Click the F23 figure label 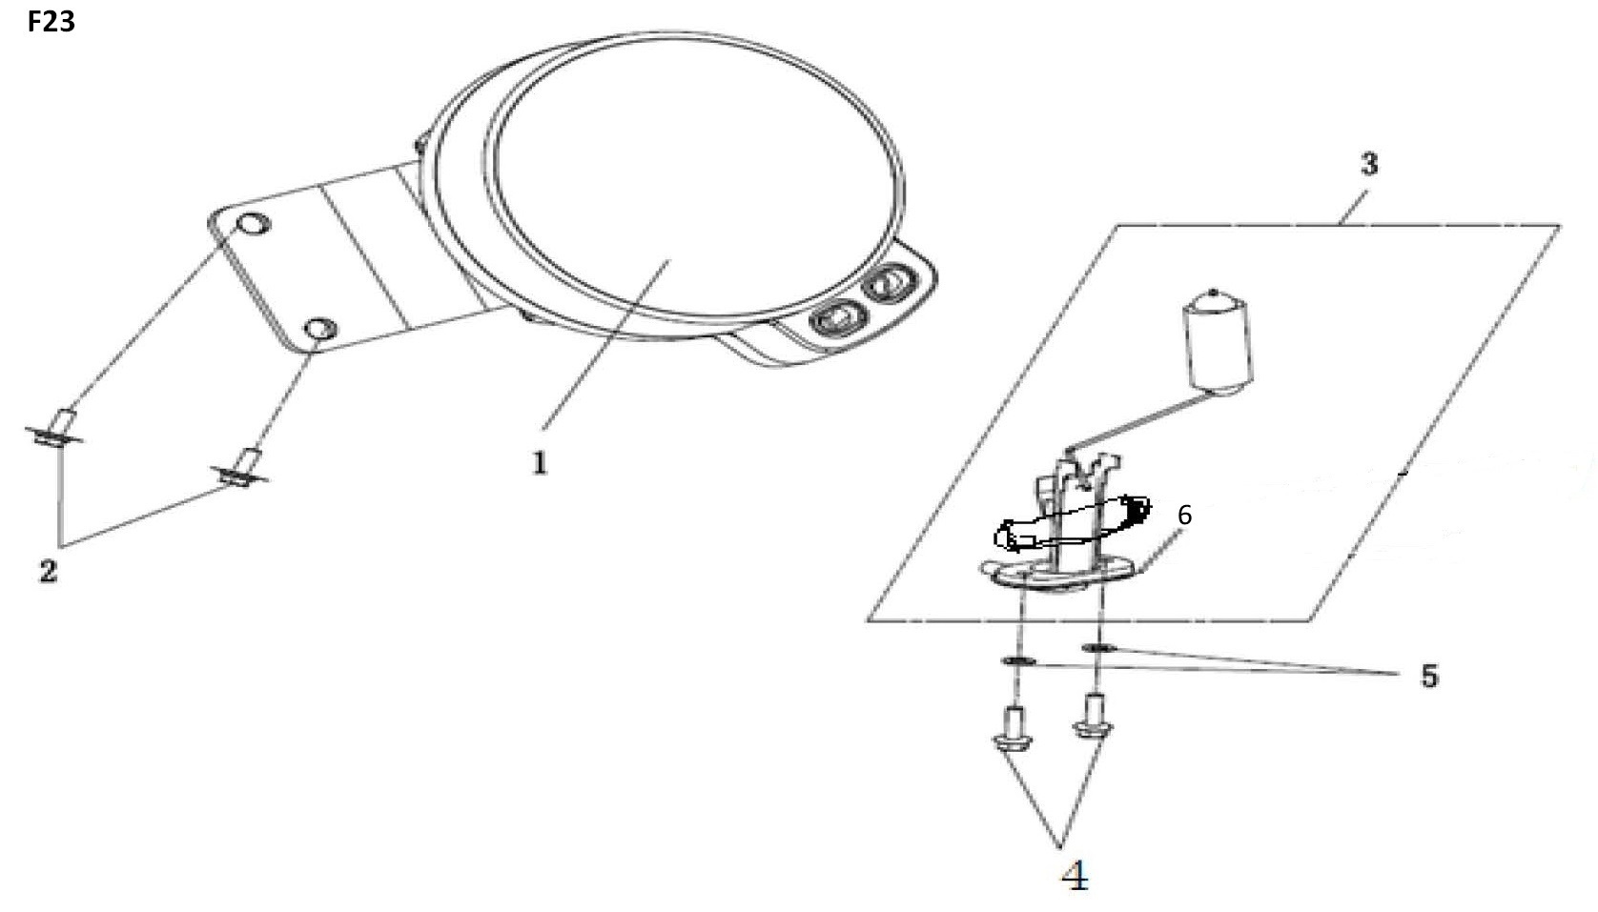pyautogui.click(x=51, y=22)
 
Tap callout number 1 pyautogui.click(x=540, y=463)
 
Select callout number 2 pyautogui.click(x=48, y=571)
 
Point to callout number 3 pyautogui.click(x=1369, y=165)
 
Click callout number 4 pyautogui.click(x=1076, y=875)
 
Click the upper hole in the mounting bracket pyautogui.click(x=254, y=225)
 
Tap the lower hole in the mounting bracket pyautogui.click(x=320, y=329)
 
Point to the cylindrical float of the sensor pyautogui.click(x=1217, y=341)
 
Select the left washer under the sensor pyautogui.click(x=1018, y=661)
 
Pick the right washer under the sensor pyautogui.click(x=1098, y=647)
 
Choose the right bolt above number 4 pyautogui.click(x=1093, y=716)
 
